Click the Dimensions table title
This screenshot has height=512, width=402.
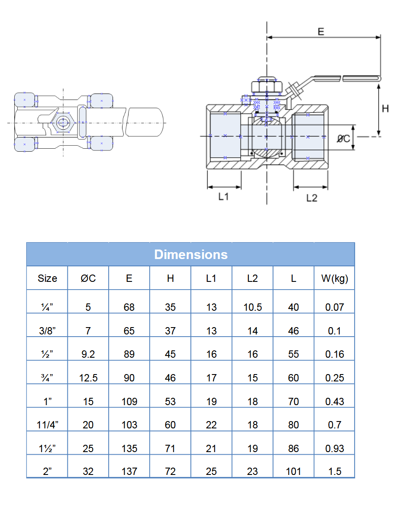click(x=191, y=254)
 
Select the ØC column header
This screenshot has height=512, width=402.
click(x=88, y=278)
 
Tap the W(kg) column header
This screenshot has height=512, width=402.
click(x=334, y=278)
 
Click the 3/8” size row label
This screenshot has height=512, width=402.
click(x=47, y=331)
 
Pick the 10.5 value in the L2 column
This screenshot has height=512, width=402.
click(x=252, y=307)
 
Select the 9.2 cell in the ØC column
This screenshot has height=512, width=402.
click(x=88, y=354)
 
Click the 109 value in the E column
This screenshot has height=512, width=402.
click(x=129, y=402)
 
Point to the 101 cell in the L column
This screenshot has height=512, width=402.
click(x=293, y=471)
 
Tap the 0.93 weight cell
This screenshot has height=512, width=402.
click(x=334, y=448)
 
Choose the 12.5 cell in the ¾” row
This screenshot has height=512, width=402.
click(x=88, y=378)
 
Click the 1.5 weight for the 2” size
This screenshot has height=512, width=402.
click(x=334, y=471)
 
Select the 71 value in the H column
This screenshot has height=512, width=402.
click(x=170, y=448)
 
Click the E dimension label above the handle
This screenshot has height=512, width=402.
click(x=320, y=31)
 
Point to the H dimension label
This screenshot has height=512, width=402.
click(x=385, y=109)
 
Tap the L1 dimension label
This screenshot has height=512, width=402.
click(x=223, y=197)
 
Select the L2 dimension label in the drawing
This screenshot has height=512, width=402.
click(x=311, y=198)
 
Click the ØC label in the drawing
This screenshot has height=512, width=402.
click(x=343, y=138)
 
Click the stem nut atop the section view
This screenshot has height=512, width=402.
click(x=266, y=85)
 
